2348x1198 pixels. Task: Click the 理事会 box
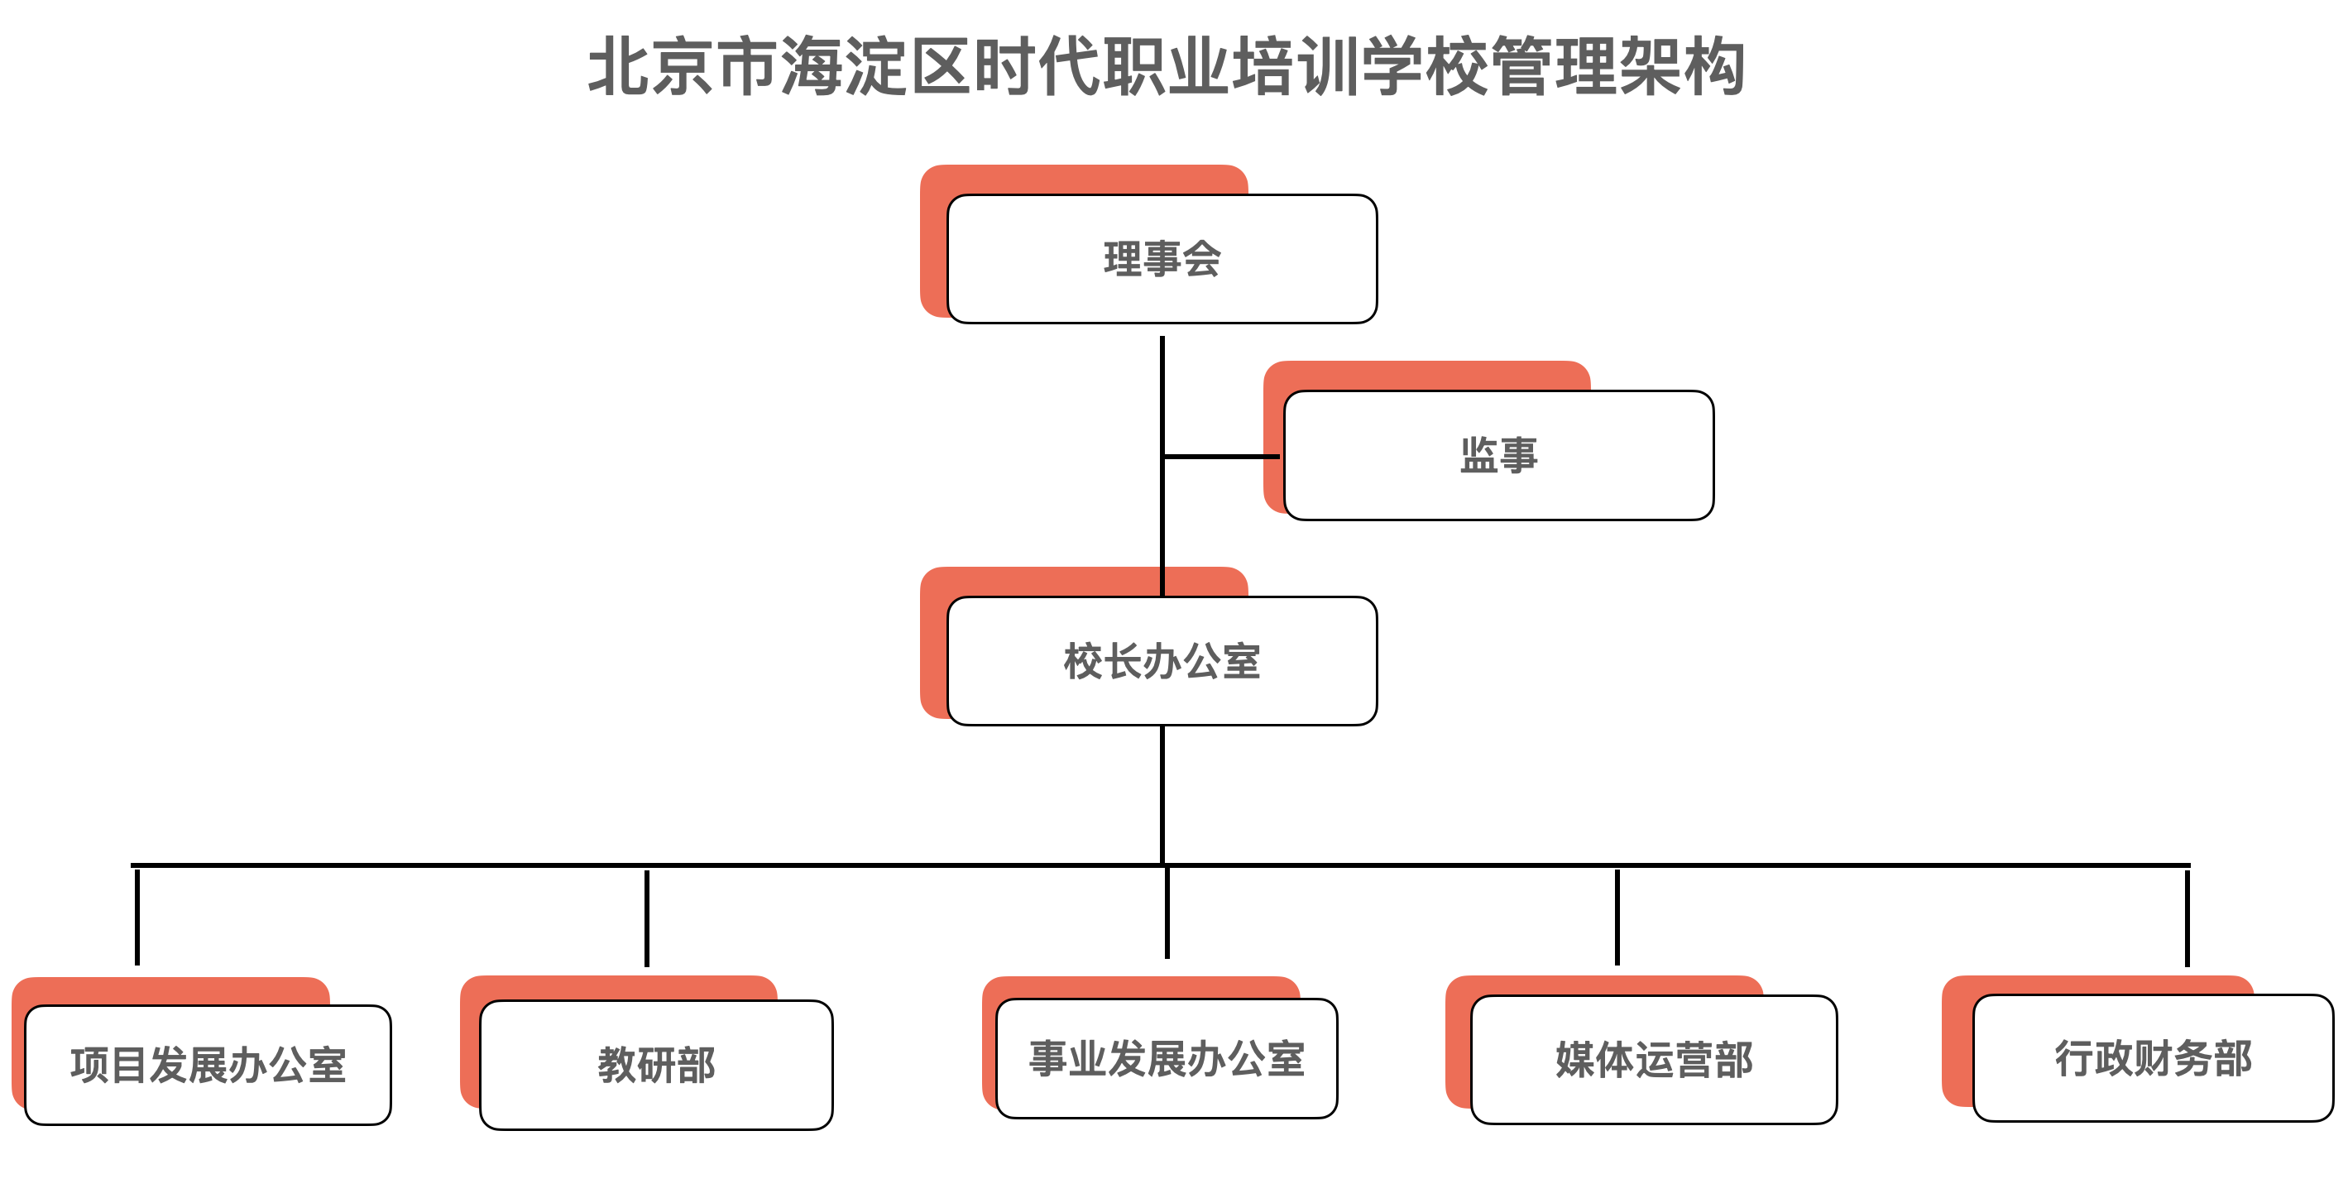1162,259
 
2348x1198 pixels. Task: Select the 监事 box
1498,455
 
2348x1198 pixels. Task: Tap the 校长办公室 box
1162,661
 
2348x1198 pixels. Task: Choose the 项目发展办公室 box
208,1064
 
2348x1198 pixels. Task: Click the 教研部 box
656,1064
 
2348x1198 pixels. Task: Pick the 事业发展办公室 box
1167,1058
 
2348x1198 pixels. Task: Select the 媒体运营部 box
1653,1059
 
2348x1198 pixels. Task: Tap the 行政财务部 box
2153,1057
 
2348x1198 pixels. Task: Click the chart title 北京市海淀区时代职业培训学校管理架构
1167,66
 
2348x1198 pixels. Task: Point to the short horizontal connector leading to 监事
1221,456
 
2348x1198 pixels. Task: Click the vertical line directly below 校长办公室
1162,793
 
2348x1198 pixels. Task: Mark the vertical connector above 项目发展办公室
137,916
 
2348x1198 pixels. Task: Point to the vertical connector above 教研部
647,918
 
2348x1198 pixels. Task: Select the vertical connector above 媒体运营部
1617,916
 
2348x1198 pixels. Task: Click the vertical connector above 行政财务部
2187,918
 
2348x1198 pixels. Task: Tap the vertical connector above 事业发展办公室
1167,912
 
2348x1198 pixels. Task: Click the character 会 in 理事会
1201,259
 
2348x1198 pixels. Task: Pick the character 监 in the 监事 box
1478,455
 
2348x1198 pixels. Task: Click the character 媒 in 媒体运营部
1575,1059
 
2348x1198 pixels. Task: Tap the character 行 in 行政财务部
2073,1057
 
